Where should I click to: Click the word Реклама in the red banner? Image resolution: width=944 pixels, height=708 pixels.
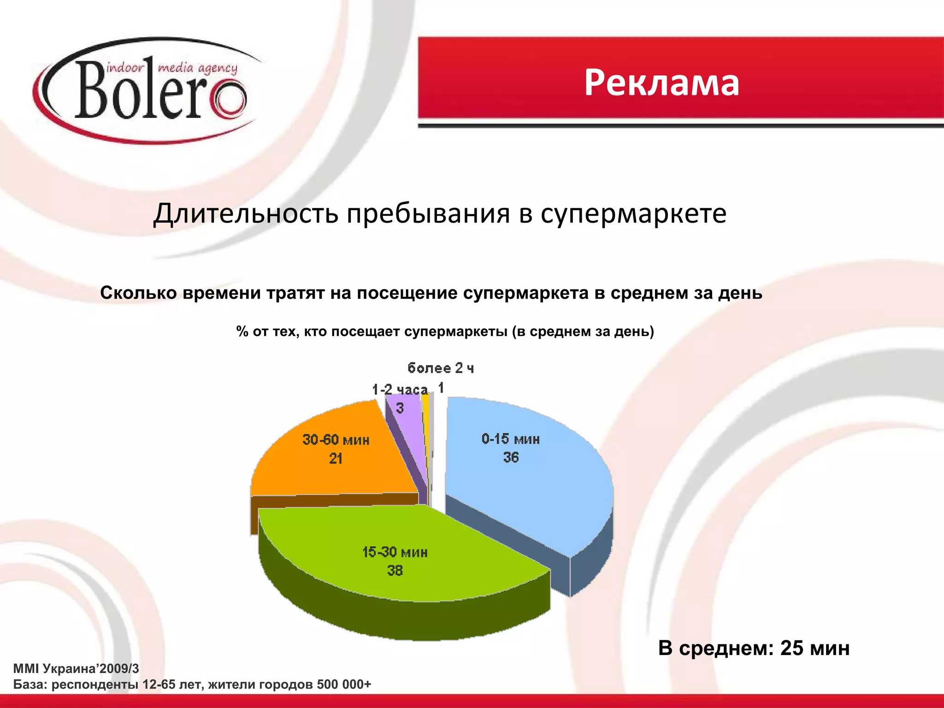click(x=661, y=83)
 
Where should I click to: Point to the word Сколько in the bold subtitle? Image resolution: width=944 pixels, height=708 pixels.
click(x=138, y=293)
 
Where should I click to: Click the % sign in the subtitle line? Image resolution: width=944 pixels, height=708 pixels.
click(x=242, y=331)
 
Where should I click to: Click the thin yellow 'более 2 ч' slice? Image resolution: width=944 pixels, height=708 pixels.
click(x=426, y=415)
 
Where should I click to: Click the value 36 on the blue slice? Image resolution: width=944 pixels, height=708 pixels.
click(x=511, y=458)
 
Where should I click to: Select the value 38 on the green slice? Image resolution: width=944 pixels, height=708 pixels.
click(x=395, y=571)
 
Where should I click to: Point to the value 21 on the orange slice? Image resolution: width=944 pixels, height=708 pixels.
click(x=336, y=459)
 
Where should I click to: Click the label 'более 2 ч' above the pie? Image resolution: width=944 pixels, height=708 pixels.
click(x=440, y=368)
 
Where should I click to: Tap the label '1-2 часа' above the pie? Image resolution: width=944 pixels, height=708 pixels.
click(x=400, y=390)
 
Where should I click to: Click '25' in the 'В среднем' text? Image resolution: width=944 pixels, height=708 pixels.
click(x=791, y=649)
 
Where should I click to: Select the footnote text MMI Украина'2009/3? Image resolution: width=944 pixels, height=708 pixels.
click(x=76, y=669)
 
